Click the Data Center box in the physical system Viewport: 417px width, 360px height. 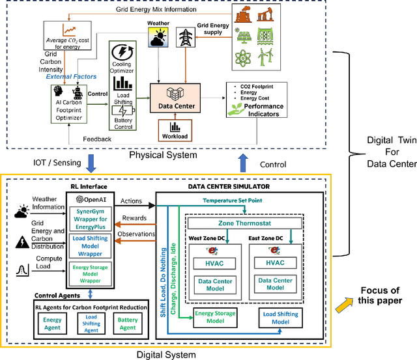175,98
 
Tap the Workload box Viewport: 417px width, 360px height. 175,130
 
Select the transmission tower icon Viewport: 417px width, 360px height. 186,37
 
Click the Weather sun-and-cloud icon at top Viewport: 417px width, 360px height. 158,37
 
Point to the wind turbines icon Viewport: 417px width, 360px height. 265,57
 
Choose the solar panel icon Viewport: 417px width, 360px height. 243,36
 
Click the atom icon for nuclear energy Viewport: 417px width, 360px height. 242,57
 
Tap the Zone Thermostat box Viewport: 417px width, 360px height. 245,223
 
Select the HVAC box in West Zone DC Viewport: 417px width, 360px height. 214,264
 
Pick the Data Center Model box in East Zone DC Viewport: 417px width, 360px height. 275,284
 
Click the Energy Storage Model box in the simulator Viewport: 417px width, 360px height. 215,317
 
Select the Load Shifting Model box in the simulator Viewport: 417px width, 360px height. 281,318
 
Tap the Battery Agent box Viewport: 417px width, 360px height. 128,324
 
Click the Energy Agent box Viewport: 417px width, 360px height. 52,324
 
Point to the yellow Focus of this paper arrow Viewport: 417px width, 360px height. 344,305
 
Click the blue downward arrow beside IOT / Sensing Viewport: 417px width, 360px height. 91,163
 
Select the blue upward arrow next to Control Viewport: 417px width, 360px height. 243,163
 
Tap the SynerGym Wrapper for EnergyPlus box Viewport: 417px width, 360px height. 91,219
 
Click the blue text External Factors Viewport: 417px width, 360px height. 71,77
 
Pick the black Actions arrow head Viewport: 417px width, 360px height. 152,205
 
